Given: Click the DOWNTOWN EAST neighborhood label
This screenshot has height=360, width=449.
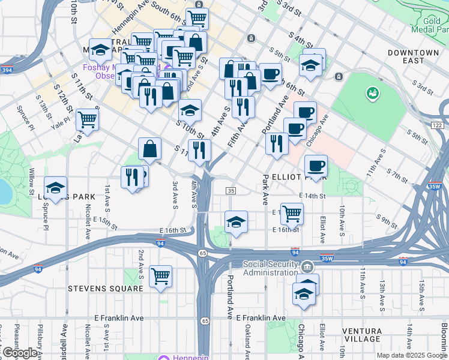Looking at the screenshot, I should point(413,57).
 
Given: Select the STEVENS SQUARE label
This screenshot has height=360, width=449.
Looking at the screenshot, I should point(106,289).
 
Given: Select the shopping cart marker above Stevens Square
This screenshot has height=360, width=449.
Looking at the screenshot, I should point(160,276).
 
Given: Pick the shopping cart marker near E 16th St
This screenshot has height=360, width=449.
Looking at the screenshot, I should point(292,212).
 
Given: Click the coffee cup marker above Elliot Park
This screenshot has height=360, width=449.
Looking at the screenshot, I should point(316,165).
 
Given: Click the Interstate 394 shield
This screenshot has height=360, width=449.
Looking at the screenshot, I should point(8,70).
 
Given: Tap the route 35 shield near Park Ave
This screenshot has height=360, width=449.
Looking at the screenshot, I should point(231,190).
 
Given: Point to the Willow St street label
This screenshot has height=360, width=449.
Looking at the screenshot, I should point(31,176).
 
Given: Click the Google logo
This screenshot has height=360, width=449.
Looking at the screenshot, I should point(20,353).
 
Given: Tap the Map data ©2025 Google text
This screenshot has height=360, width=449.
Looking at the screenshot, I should point(412,355).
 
